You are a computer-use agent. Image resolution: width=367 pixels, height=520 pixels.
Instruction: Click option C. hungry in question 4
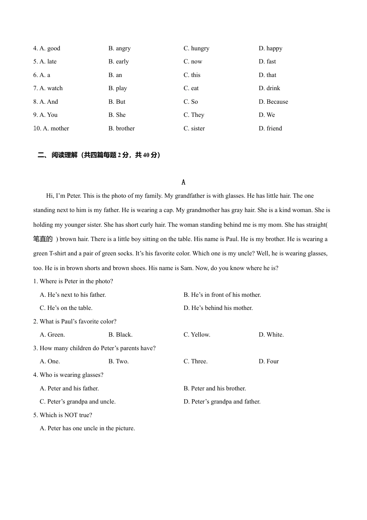coord(196,48)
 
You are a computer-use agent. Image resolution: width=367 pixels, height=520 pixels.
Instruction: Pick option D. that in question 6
coord(267,75)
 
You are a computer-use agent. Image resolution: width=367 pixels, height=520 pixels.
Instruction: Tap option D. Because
coord(273,102)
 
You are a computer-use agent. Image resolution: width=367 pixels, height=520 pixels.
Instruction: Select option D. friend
coord(270,128)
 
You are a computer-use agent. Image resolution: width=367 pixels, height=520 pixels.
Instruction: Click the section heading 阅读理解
coord(65,155)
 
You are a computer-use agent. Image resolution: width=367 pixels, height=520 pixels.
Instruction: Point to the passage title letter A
coord(183,182)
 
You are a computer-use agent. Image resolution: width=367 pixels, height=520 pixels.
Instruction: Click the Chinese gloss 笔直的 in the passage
coord(43,239)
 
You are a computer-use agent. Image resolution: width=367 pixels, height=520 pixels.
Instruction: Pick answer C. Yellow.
coord(197,335)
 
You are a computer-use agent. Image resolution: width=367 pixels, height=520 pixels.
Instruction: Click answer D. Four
coord(268,361)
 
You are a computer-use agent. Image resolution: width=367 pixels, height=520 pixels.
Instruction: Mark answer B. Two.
coord(118,361)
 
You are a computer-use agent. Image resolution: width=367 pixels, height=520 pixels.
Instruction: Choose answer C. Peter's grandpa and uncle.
coord(78,402)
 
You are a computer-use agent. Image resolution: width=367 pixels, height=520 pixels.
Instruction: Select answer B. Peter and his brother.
coord(214,388)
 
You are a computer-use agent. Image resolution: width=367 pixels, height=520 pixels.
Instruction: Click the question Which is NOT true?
coord(66,415)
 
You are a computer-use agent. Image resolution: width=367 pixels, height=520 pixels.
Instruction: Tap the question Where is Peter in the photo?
coord(76,281)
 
